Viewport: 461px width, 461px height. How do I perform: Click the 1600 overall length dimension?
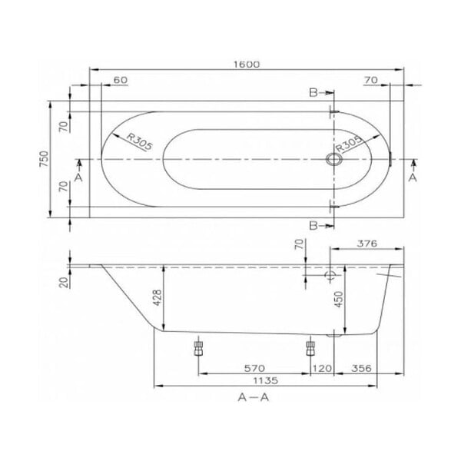click(x=247, y=65)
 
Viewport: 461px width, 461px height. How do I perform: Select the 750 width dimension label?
click(x=44, y=159)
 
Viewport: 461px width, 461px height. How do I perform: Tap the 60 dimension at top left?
click(x=121, y=80)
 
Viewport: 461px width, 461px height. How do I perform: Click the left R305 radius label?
click(x=140, y=141)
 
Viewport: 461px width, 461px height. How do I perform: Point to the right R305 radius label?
click(x=348, y=144)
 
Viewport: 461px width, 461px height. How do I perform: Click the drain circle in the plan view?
click(x=334, y=159)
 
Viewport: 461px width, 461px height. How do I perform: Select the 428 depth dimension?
click(x=158, y=297)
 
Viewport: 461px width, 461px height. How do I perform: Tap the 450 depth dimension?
click(x=339, y=300)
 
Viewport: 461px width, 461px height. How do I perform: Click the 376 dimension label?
click(x=367, y=244)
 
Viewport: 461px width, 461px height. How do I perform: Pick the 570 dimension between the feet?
click(x=254, y=368)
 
